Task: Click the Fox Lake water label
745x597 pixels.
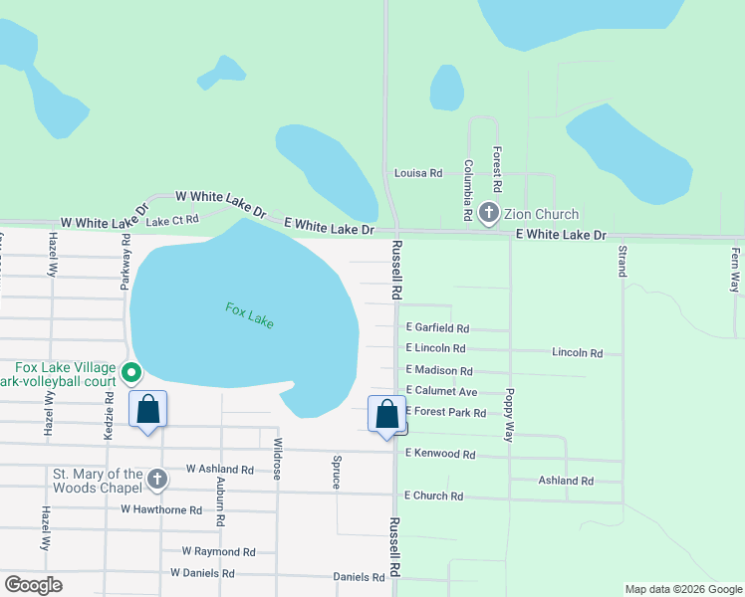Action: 249,315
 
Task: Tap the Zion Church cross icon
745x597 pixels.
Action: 489,213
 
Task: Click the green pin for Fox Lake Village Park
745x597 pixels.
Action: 131,373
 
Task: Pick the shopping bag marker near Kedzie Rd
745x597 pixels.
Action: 148,408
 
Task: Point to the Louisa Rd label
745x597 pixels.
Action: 418,173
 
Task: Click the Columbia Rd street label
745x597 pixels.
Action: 467,189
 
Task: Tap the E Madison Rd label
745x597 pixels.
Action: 439,371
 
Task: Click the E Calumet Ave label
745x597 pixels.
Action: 442,392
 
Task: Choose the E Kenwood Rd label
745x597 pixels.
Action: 440,454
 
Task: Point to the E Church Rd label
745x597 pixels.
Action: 434,496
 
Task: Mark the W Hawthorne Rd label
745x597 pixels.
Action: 161,509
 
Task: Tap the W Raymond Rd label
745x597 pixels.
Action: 218,551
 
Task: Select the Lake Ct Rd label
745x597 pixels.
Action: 172,220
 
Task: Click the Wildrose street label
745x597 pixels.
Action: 278,459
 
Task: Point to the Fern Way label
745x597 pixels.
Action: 737,269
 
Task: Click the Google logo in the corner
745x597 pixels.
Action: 33,585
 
